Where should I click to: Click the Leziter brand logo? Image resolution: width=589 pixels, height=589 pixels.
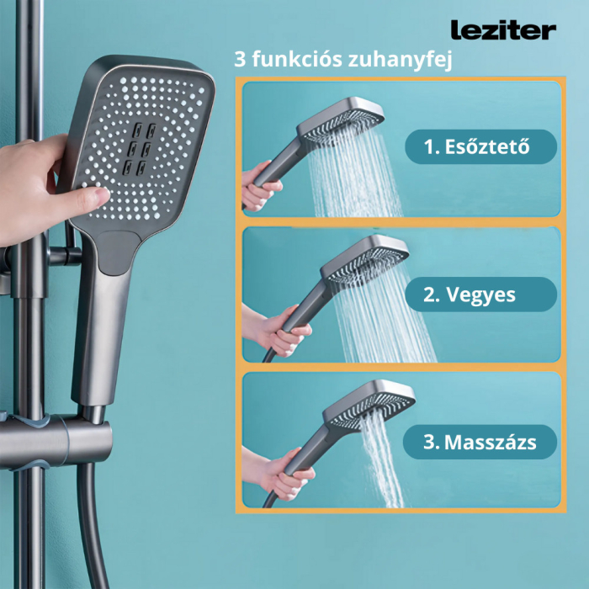(x=503, y=31)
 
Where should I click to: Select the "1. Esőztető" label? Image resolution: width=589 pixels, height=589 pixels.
(x=480, y=147)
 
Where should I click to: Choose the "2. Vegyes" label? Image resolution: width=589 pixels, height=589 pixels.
(x=480, y=294)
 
